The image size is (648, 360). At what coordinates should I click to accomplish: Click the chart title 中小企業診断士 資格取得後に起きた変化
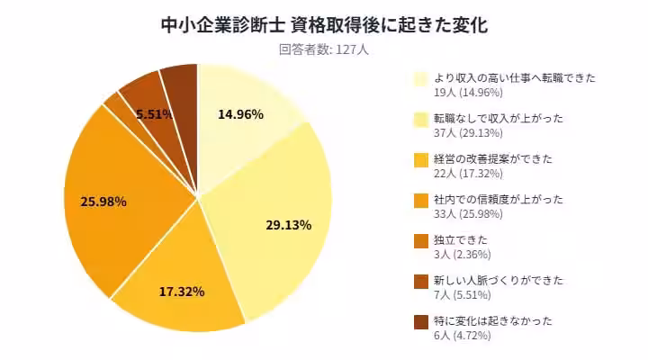pyautogui.click(x=323, y=24)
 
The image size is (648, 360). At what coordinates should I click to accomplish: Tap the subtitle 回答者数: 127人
pyautogui.click(x=323, y=49)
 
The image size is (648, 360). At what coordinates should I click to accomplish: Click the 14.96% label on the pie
pyautogui.click(x=241, y=114)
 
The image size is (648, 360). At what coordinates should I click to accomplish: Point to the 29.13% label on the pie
pyautogui.click(x=288, y=225)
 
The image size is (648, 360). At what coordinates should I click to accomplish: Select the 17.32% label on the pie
pyautogui.click(x=181, y=292)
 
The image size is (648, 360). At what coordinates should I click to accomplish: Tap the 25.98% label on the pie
pyautogui.click(x=103, y=201)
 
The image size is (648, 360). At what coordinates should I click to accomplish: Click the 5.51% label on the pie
pyautogui.click(x=155, y=114)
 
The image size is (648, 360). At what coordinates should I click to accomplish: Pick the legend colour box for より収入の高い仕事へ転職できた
pyautogui.click(x=420, y=79)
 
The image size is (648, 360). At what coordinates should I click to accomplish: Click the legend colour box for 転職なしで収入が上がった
pyautogui.click(x=420, y=120)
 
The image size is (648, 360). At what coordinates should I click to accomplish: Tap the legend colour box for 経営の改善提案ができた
pyautogui.click(x=420, y=160)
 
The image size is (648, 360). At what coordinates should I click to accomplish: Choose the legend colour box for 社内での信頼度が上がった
pyautogui.click(x=420, y=201)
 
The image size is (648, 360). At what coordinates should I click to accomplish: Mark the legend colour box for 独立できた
pyautogui.click(x=420, y=241)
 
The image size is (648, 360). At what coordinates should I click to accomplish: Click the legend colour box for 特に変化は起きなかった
pyautogui.click(x=420, y=322)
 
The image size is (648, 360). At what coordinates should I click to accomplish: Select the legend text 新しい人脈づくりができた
pyautogui.click(x=499, y=281)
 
